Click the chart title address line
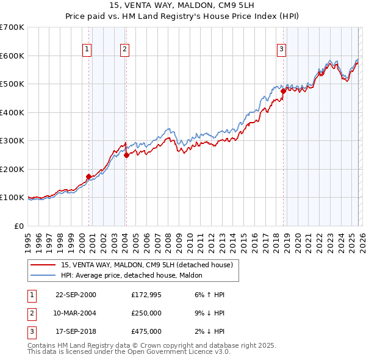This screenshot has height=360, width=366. pyautogui.click(x=183, y=5)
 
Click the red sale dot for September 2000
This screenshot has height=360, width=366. pyautogui.click(x=89, y=177)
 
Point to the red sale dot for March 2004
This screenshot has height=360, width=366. pyautogui.click(x=126, y=155)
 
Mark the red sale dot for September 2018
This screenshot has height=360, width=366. pyautogui.click(x=283, y=92)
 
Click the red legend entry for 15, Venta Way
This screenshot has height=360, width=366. pyautogui.click(x=146, y=265)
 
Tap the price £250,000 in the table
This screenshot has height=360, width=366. pyautogui.click(x=146, y=313)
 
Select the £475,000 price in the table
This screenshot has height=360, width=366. pyautogui.click(x=146, y=331)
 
